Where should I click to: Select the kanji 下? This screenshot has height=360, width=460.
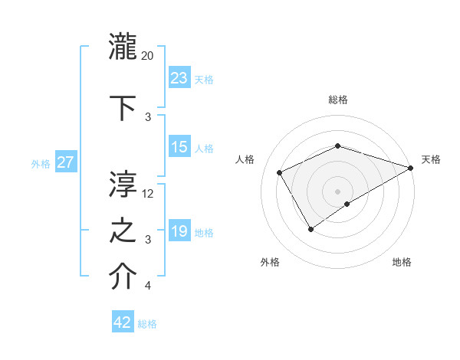click(x=123, y=106)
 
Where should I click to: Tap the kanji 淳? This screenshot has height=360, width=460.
click(x=123, y=183)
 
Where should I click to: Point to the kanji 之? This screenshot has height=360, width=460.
click(x=123, y=231)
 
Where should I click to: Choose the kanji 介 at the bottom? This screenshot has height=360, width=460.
click(x=123, y=277)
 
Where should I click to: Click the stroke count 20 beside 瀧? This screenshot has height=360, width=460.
click(x=148, y=56)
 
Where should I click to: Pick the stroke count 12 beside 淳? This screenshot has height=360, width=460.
click(x=148, y=194)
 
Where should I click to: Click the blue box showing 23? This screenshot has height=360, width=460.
click(x=179, y=78)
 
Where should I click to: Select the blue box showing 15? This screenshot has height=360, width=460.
click(x=179, y=147)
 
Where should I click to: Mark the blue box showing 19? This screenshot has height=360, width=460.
click(x=179, y=231)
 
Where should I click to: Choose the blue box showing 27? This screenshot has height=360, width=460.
click(x=66, y=162)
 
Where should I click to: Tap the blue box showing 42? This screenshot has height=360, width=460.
click(x=123, y=322)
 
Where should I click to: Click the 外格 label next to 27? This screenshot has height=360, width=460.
click(x=41, y=163)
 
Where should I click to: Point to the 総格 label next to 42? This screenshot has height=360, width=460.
click(x=147, y=324)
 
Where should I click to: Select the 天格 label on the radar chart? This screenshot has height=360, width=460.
click(x=431, y=159)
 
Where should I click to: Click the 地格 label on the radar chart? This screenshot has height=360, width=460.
click(x=402, y=262)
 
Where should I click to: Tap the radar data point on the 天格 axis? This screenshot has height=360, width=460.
click(x=411, y=168)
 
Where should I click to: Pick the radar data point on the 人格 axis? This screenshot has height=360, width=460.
click(x=280, y=172)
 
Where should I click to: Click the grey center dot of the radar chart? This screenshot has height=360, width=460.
click(x=337, y=191)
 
